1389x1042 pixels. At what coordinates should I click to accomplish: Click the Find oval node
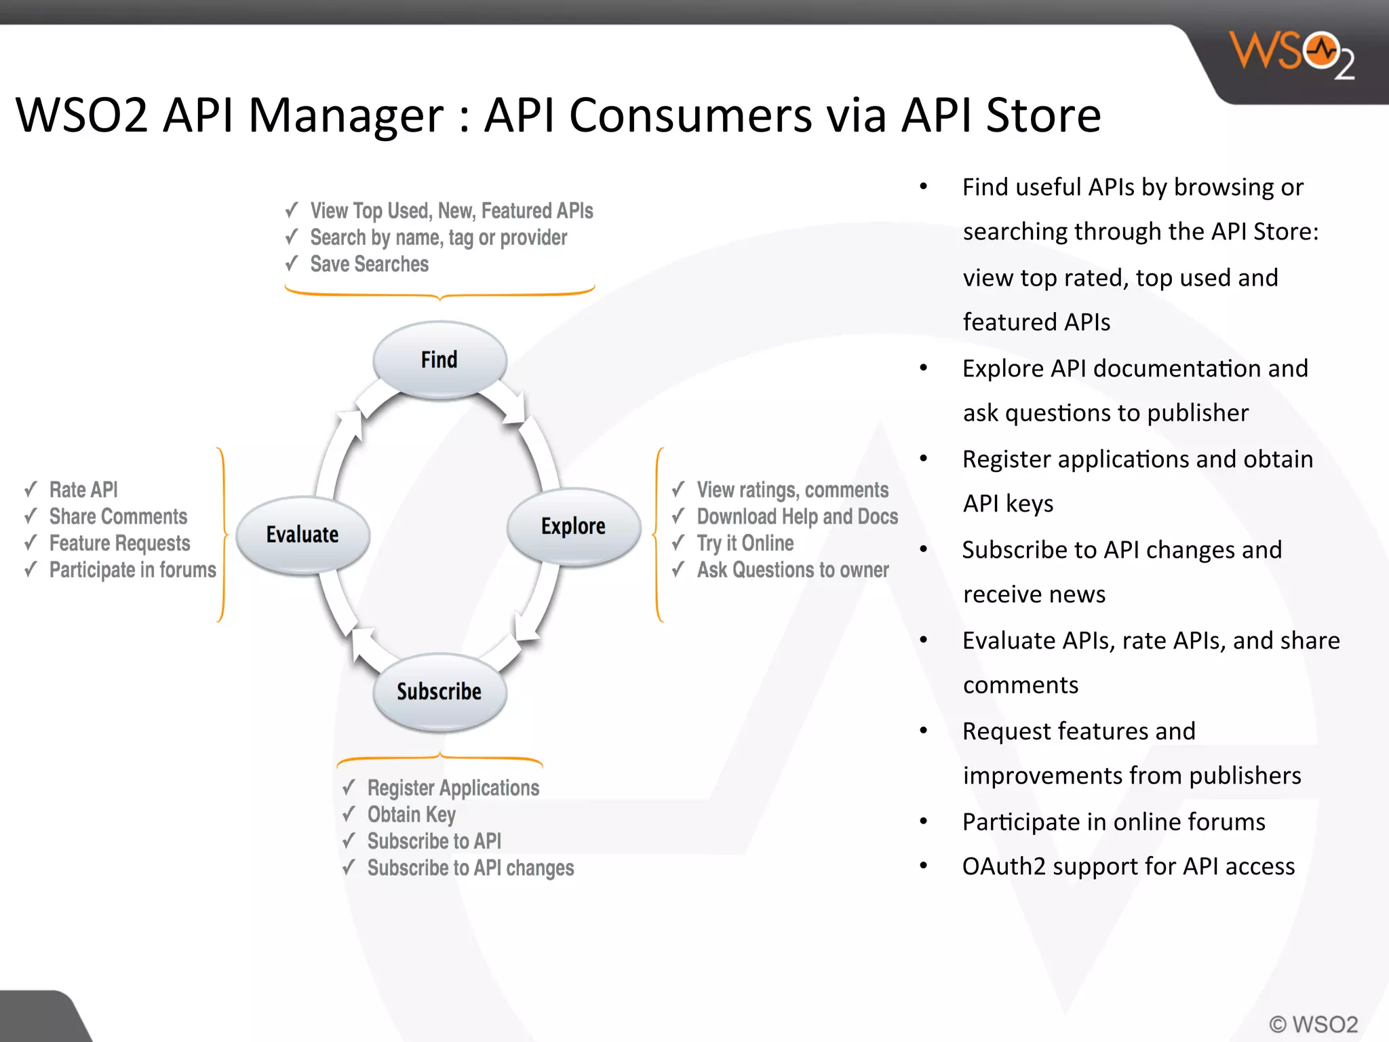(439, 360)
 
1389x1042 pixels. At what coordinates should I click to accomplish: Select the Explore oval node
(574, 526)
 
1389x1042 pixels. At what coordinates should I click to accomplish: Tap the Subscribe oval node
(439, 692)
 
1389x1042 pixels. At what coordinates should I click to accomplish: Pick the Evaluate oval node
(302, 535)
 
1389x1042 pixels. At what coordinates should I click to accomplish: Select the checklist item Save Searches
(369, 264)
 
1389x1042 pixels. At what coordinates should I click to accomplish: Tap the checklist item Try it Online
(745, 543)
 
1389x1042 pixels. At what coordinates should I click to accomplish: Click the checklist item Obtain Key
(411, 814)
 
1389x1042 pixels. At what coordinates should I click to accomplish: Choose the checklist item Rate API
(83, 490)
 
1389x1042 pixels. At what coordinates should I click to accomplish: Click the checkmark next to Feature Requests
(31, 543)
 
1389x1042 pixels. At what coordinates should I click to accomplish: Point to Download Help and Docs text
(797, 517)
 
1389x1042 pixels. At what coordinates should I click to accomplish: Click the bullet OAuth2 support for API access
(1128, 866)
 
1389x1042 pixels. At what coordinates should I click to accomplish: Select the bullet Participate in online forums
(1114, 822)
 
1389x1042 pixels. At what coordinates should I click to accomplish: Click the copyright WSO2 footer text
(1313, 1024)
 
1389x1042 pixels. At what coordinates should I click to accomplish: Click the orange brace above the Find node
(439, 294)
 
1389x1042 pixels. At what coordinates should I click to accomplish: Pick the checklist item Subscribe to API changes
(470, 868)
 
